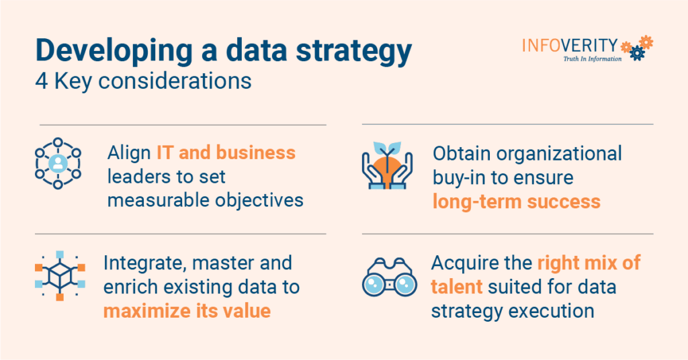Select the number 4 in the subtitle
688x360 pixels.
[x=42, y=81]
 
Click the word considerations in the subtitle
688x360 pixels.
[x=175, y=81]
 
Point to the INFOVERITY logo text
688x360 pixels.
[x=570, y=46]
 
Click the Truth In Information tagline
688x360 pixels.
[x=593, y=58]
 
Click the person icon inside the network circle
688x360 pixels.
[x=58, y=163]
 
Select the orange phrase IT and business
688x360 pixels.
[x=226, y=152]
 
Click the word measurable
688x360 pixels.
[x=158, y=200]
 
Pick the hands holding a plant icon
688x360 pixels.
[x=387, y=165]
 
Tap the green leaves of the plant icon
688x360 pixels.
[x=387, y=147]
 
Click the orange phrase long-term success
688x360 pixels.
[x=517, y=201]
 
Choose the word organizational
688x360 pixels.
[x=559, y=154]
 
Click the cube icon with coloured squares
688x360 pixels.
[x=60, y=276]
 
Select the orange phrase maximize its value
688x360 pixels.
[x=187, y=311]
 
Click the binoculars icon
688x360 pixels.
[x=389, y=277]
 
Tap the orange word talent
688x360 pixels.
[x=457, y=287]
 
